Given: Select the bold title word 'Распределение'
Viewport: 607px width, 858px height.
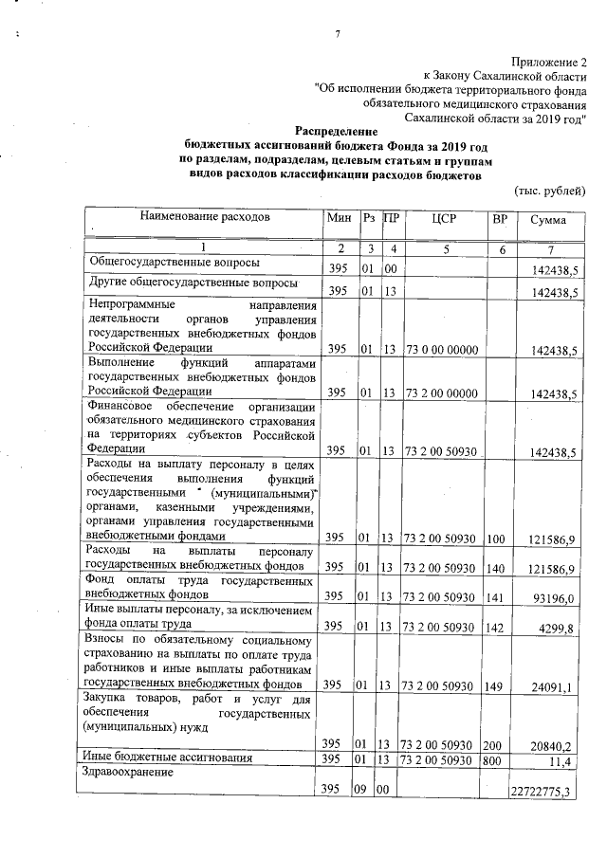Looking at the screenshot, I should click(x=336, y=132).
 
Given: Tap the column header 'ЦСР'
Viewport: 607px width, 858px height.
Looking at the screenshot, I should click(x=444, y=219).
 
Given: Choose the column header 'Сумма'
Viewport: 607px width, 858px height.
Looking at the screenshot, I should click(x=548, y=220).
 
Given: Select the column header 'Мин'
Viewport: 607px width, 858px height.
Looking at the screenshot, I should click(x=339, y=219).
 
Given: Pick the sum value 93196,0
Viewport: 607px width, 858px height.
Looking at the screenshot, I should click(x=556, y=595).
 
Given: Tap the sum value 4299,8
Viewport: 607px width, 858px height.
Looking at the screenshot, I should click(x=559, y=627).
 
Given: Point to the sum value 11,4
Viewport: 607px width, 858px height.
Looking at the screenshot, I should click(x=566, y=761).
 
